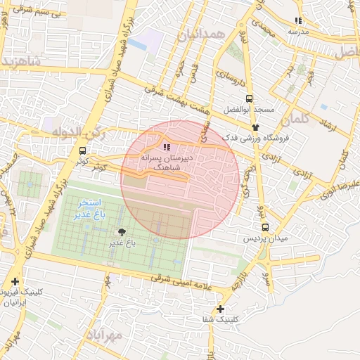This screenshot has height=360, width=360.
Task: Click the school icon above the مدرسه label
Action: (298, 21)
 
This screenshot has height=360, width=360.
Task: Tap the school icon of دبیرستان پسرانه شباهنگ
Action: (167, 147)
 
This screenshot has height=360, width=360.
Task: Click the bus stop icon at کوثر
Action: (83, 150)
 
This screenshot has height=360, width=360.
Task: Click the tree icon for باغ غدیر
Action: (122, 232)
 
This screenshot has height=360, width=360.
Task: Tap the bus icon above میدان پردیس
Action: (265, 227)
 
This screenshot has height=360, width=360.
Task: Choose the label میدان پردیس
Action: (266, 239)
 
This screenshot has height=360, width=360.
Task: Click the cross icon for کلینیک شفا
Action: (220, 309)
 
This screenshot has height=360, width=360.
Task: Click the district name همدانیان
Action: (202, 34)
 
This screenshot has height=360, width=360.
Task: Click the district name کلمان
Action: (299, 117)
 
